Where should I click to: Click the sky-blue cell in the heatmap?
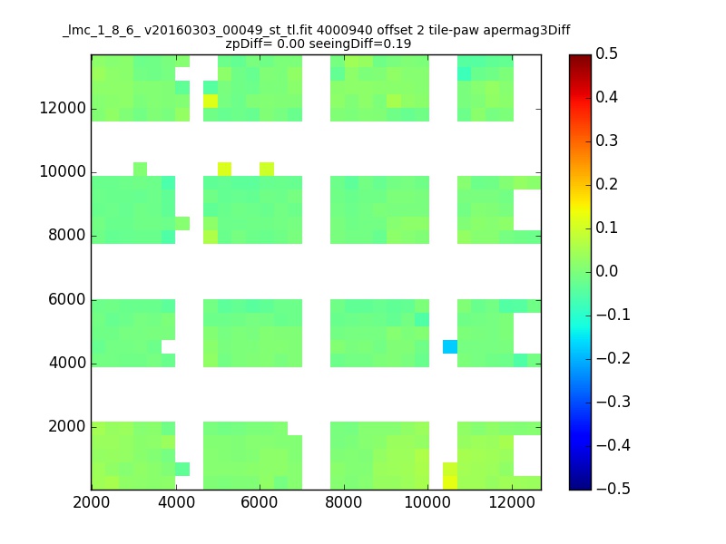pos(450,346)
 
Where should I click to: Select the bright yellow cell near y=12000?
pos(211,101)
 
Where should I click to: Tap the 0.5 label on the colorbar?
pos(606,53)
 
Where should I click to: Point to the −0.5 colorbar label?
pos(613,489)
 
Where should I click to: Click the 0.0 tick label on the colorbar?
pos(606,271)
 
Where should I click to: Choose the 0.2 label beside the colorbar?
pos(606,184)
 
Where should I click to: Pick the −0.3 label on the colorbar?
pos(613,402)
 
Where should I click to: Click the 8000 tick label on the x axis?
pos(344,502)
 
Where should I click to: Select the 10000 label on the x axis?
pos(427,502)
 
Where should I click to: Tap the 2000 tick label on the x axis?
pos(92,502)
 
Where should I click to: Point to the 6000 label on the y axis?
pos(67,299)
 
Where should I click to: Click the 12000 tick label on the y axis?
pos(63,108)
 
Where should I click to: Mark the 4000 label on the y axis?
pos(67,364)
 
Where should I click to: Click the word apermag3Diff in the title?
pos(526,31)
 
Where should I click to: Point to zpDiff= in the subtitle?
pos(249,44)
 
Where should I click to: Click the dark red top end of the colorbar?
pos(580,57)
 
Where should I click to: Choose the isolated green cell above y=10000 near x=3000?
pos(140,169)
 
